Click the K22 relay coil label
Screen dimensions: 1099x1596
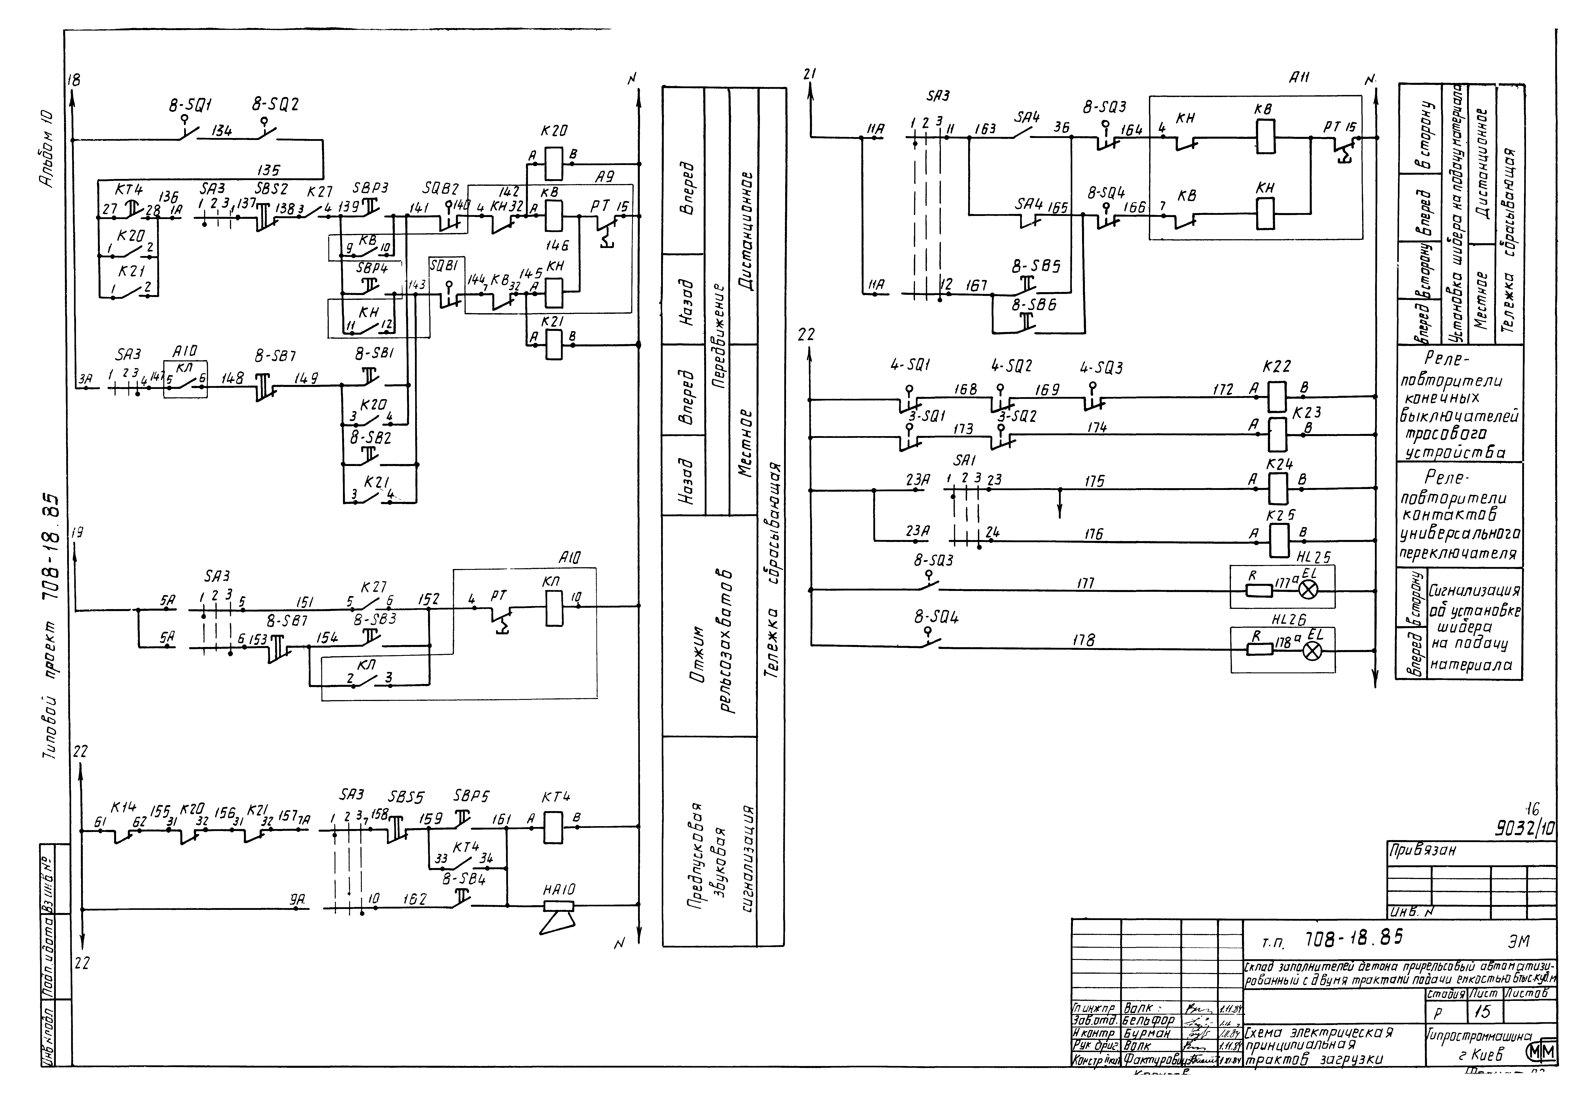[x=1276, y=366]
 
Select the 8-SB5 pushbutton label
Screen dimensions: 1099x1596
[x=1036, y=266]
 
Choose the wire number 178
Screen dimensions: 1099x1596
[x=1084, y=641]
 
